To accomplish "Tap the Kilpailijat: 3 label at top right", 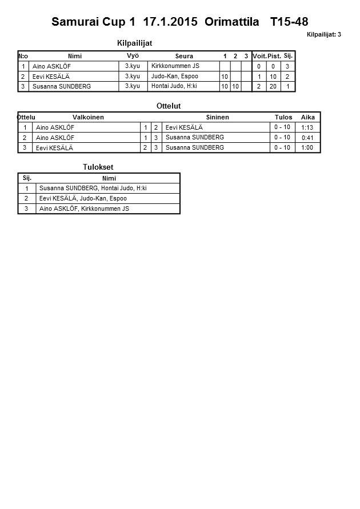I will (x=324, y=35).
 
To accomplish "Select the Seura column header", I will (x=184, y=56).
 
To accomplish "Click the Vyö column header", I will (x=133, y=55).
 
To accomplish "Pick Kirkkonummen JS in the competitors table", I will (x=175, y=66).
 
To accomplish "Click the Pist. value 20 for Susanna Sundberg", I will (x=273, y=86).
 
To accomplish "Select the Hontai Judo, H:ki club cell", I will (x=174, y=86).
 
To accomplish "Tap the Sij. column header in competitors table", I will (x=288, y=56).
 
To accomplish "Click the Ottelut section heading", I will (x=169, y=106).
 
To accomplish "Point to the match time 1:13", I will (x=307, y=127).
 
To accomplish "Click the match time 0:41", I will (x=307, y=138).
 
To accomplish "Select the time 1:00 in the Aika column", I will (x=307, y=148).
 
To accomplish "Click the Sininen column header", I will (x=217, y=117).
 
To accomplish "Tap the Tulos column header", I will (x=283, y=117).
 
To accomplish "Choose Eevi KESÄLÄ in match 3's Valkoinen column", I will (x=52, y=148).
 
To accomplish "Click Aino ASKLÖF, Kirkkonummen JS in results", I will (x=84, y=209).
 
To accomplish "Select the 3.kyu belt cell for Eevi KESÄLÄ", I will (x=132, y=76).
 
